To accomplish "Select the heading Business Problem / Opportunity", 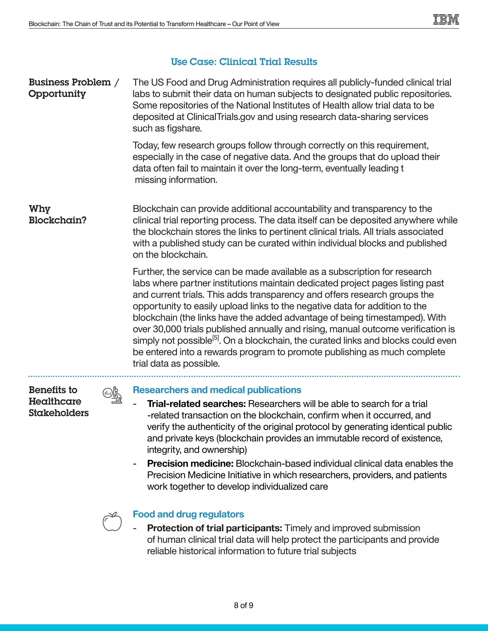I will pyautogui.click(x=74, y=88).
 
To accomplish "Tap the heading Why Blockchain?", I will pyautogui.click(x=57, y=214).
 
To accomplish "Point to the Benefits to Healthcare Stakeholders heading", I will pyautogui.click(x=59, y=401).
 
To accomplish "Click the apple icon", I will pyautogui.click(x=112, y=522).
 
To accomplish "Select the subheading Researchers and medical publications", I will pyautogui.click(x=217, y=390).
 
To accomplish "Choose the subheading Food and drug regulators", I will pyautogui.click(x=188, y=514).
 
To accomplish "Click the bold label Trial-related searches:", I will pyautogui.click(x=196, y=404).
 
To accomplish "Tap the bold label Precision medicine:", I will pyautogui.click(x=190, y=464).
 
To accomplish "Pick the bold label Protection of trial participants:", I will pyautogui.click(x=214, y=528).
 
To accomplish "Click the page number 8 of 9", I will pyautogui.click(x=244, y=605).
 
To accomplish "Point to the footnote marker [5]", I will pyautogui.click(x=216, y=338).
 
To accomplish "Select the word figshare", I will pyautogui.click(x=184, y=129).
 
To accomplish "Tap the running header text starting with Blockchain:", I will pyautogui.click(x=154, y=24).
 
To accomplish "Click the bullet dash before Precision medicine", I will pyautogui.click(x=135, y=464).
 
